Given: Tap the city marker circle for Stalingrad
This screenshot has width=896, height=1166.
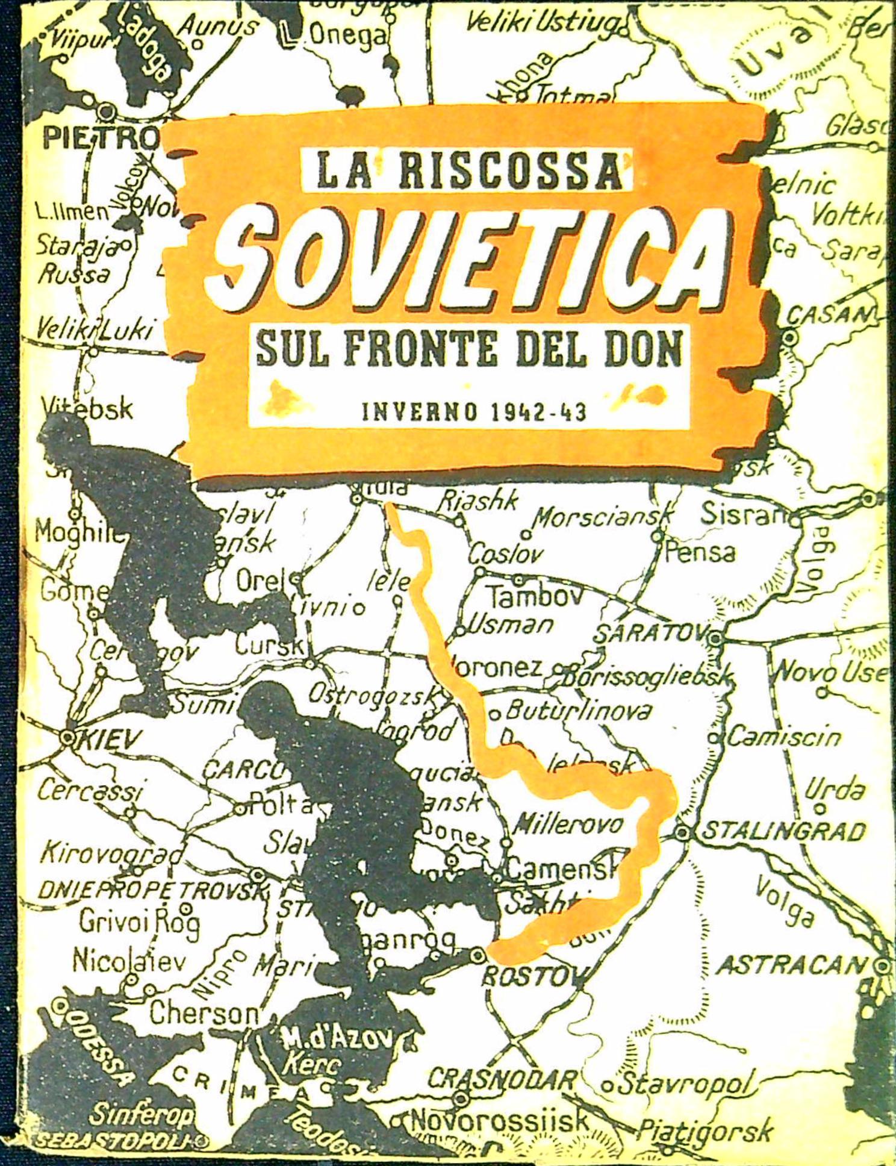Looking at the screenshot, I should click(x=682, y=833).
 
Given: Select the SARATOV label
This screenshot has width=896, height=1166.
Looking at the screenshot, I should click(x=650, y=634).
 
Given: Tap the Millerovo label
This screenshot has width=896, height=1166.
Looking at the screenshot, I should click(x=570, y=824).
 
